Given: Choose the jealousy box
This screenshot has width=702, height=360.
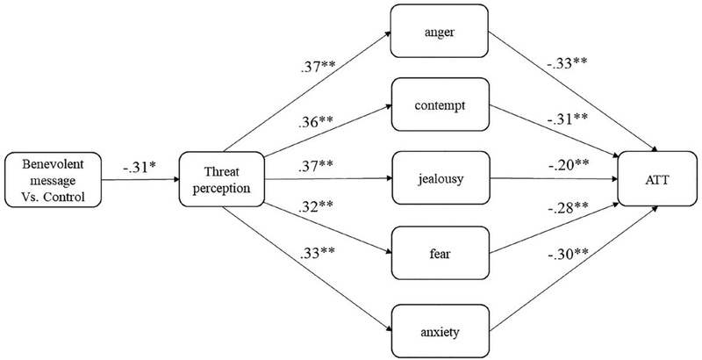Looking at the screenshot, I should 438,181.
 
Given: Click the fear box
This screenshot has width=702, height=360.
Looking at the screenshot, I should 438,256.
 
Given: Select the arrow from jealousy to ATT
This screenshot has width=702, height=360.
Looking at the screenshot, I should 553,182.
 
